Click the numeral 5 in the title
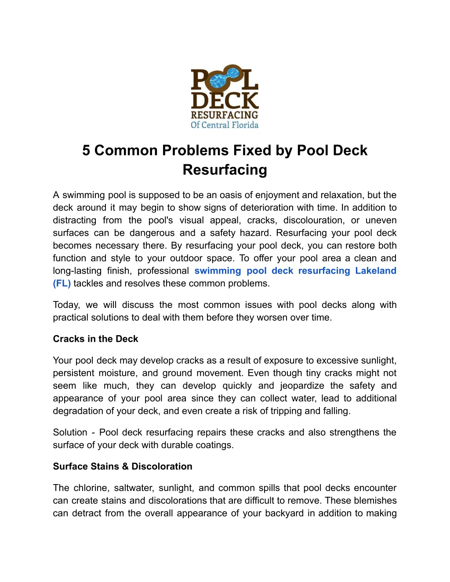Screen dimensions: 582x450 click(86, 151)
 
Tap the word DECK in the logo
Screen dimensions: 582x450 click(225, 101)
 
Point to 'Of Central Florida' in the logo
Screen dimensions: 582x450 click(225, 125)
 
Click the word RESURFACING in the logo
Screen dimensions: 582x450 click(225, 115)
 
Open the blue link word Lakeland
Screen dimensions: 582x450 click(376, 271)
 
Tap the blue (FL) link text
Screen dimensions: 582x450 click(62, 283)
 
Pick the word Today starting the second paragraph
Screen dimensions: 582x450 click(66, 305)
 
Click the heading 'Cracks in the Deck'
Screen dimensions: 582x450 click(95, 339)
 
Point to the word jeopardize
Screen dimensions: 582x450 click(302, 386)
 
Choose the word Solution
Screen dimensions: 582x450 click(70, 432)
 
